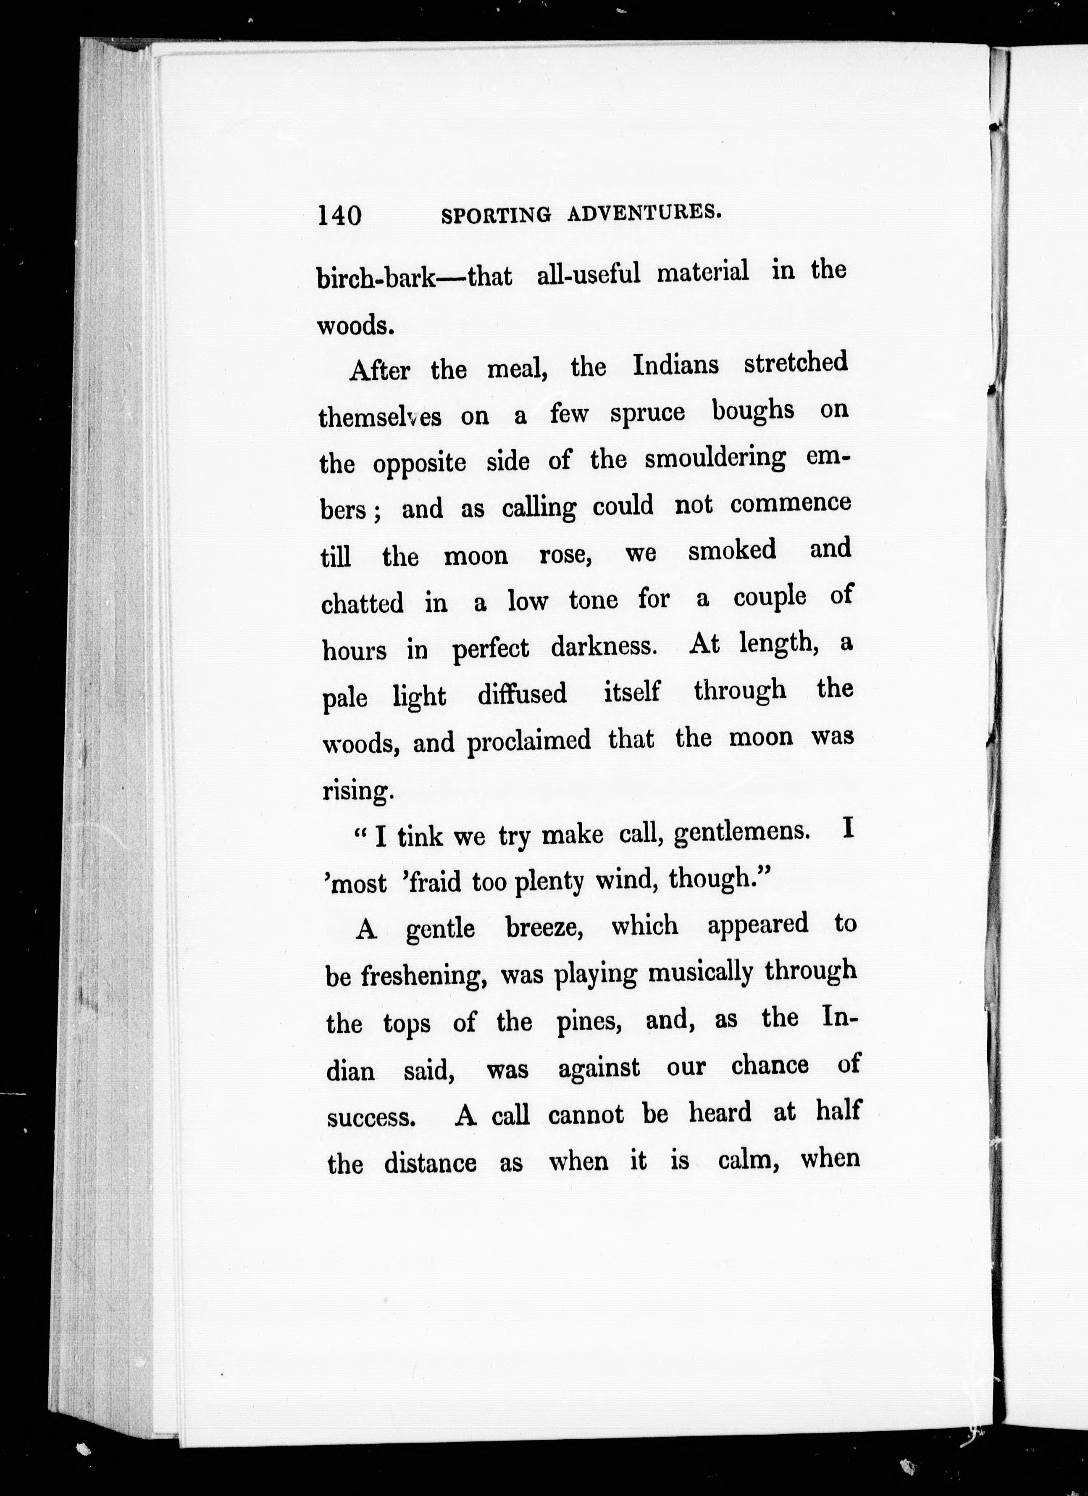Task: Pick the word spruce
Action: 647,414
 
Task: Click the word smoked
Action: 732,551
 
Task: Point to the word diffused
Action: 522,694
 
